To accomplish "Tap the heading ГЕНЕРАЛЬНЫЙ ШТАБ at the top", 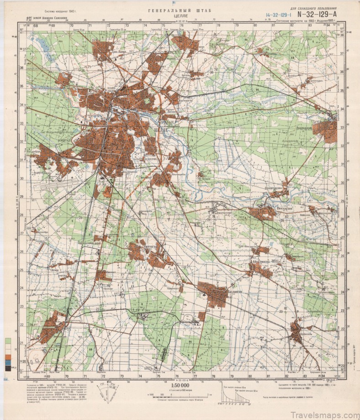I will coord(179,10).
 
